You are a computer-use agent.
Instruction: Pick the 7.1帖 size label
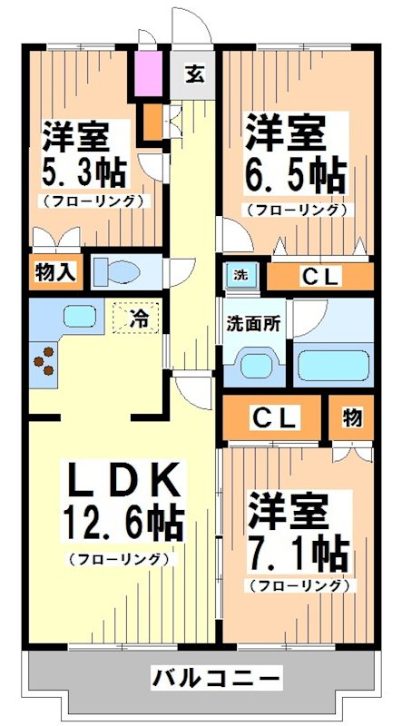(x=298, y=548)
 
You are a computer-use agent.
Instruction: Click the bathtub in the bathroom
(x=334, y=366)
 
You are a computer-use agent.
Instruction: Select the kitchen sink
(x=80, y=319)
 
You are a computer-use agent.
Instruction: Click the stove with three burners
(x=44, y=361)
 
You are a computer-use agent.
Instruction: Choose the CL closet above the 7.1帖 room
(x=273, y=417)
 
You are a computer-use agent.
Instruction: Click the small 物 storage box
(x=352, y=417)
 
